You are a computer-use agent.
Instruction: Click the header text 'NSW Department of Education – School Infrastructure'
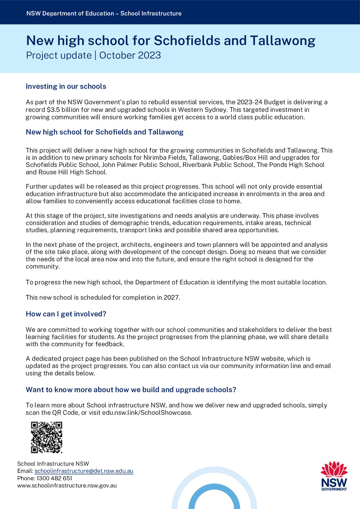tap(104, 14)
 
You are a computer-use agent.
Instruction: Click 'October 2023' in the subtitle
tap(130, 55)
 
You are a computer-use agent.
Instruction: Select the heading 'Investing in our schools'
tap(66, 86)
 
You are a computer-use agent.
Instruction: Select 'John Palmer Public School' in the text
tap(140, 165)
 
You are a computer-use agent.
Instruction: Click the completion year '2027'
tap(171, 298)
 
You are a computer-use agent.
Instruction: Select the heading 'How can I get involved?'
tap(66, 314)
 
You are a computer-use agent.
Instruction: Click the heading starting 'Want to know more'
tap(131, 390)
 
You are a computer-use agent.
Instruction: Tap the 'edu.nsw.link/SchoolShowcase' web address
tap(147, 413)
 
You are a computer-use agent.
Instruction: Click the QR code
tap(46, 437)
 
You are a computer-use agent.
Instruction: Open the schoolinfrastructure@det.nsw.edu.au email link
tap(84, 471)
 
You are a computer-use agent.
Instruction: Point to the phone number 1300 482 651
tap(54, 478)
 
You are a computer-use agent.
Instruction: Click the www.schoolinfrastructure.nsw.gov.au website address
tap(67, 486)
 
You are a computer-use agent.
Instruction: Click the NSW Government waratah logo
tap(334, 476)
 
